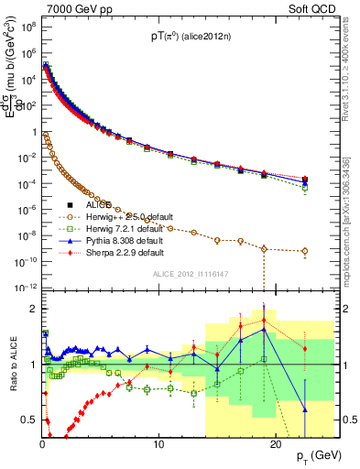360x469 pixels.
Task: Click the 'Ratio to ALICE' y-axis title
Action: click(x=12, y=365)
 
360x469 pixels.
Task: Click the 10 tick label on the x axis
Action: click(x=158, y=445)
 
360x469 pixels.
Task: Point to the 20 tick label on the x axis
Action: click(x=276, y=445)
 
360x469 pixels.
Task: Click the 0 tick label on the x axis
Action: click(x=42, y=445)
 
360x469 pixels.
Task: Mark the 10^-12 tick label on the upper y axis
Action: click(x=26, y=287)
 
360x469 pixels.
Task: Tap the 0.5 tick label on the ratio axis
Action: click(x=28, y=420)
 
